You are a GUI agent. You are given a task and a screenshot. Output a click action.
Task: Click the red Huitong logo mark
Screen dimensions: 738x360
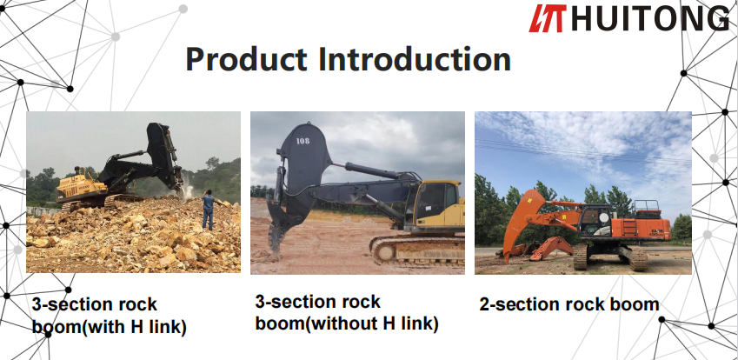[x=548, y=18]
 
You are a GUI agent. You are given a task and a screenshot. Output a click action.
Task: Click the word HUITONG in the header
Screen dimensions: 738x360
[x=650, y=18]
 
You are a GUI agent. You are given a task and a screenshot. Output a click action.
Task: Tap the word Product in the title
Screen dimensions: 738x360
[x=247, y=59]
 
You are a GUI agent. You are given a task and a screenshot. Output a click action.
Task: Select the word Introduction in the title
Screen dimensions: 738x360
[x=415, y=59]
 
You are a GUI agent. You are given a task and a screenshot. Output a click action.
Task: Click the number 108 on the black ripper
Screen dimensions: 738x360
[x=303, y=140]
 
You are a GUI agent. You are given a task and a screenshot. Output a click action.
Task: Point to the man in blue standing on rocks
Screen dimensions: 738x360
[x=208, y=210]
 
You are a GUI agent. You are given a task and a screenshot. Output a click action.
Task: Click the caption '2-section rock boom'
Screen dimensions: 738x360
[x=569, y=304]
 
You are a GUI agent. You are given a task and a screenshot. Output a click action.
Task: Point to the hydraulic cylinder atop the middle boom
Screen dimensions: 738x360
[x=372, y=170]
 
